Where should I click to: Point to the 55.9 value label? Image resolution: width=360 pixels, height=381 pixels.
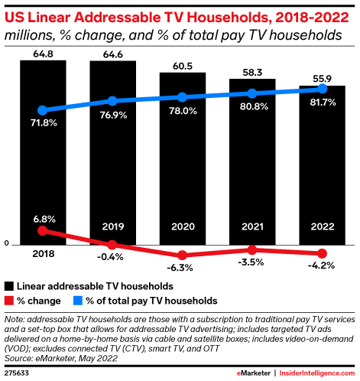coord(322,77)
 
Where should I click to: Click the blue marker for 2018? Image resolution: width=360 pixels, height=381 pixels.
coord(43,110)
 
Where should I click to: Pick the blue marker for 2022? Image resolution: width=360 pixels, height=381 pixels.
coord(322,89)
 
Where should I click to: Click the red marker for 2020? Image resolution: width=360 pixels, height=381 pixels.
coord(183,255)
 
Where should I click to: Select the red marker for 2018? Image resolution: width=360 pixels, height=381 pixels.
coord(43,230)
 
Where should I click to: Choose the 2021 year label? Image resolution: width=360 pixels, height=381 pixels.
coord(252,226)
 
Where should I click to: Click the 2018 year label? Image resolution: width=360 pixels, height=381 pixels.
coord(43,253)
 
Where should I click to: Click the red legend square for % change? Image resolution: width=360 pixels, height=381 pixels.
coord(8,301)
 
